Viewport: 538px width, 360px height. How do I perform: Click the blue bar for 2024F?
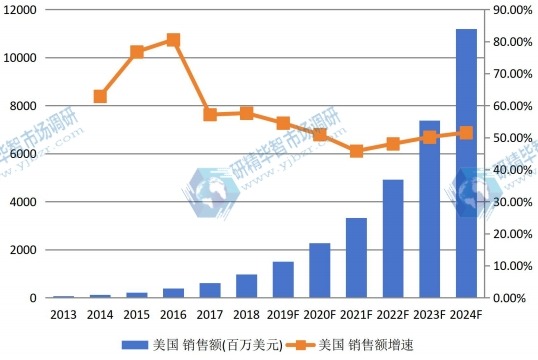(x=466, y=164)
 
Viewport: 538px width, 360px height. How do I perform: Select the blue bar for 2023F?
(x=429, y=209)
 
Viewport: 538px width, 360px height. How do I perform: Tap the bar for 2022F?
(x=393, y=239)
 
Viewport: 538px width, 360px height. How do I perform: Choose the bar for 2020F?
(x=320, y=271)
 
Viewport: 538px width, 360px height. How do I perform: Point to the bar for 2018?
(x=246, y=286)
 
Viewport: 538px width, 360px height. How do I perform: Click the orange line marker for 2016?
(x=173, y=40)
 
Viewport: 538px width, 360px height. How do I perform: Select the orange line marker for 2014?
(x=100, y=96)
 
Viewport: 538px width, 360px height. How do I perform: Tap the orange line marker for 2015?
(x=137, y=51)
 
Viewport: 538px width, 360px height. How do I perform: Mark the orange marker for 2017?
(x=210, y=114)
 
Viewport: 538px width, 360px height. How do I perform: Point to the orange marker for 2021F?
(x=356, y=151)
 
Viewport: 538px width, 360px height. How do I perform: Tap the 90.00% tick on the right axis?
(x=509, y=9)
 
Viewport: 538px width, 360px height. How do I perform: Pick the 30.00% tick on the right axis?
(x=509, y=202)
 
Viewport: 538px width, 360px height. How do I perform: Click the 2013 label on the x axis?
(x=63, y=315)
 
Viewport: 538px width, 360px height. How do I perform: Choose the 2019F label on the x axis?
(x=283, y=315)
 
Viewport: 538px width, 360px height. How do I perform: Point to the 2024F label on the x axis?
(x=466, y=315)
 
